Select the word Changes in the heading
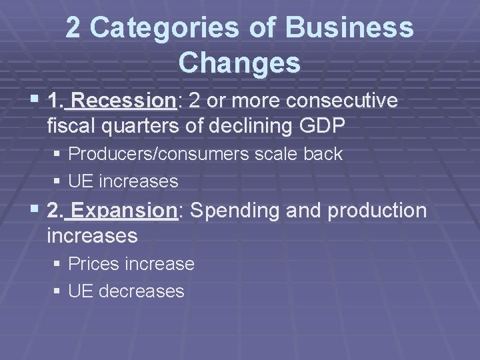[240, 63]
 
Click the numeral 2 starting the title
[73, 29]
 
